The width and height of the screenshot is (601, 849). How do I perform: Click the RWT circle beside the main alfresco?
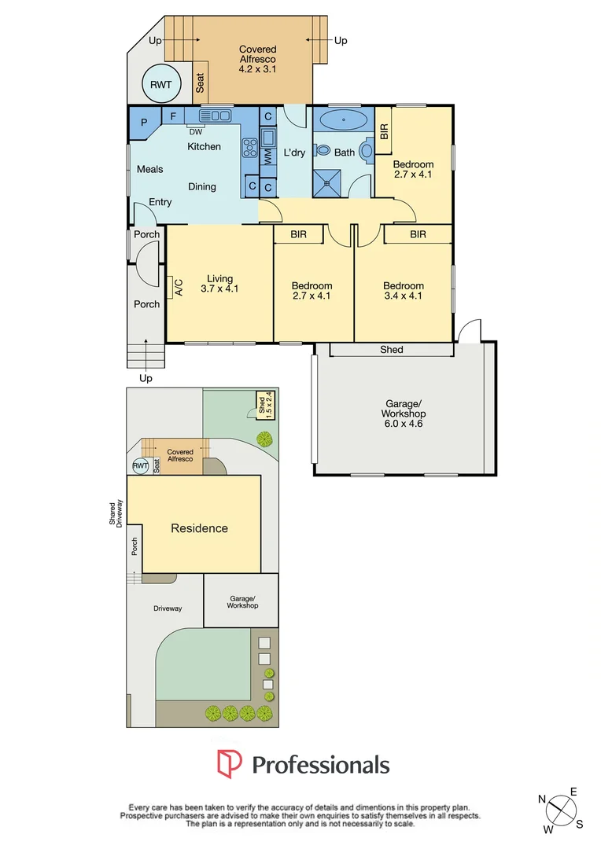pyautogui.click(x=161, y=83)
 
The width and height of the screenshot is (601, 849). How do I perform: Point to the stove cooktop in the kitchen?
pyautogui.click(x=250, y=147)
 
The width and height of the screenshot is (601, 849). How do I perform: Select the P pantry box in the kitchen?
pyautogui.click(x=144, y=123)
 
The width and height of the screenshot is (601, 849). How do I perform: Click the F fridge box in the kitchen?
pyautogui.click(x=172, y=116)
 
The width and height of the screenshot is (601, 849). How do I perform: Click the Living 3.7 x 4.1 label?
pyautogui.click(x=219, y=284)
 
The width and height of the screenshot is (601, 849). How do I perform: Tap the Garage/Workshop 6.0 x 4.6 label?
pyautogui.click(x=403, y=413)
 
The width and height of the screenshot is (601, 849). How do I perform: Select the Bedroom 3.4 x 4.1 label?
pyautogui.click(x=404, y=291)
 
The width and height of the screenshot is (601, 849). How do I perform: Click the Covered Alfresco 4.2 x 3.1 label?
pyautogui.click(x=258, y=59)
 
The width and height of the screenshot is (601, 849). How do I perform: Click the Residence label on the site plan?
pyautogui.click(x=200, y=528)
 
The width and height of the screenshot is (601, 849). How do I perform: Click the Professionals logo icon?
pyautogui.click(x=230, y=764)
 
